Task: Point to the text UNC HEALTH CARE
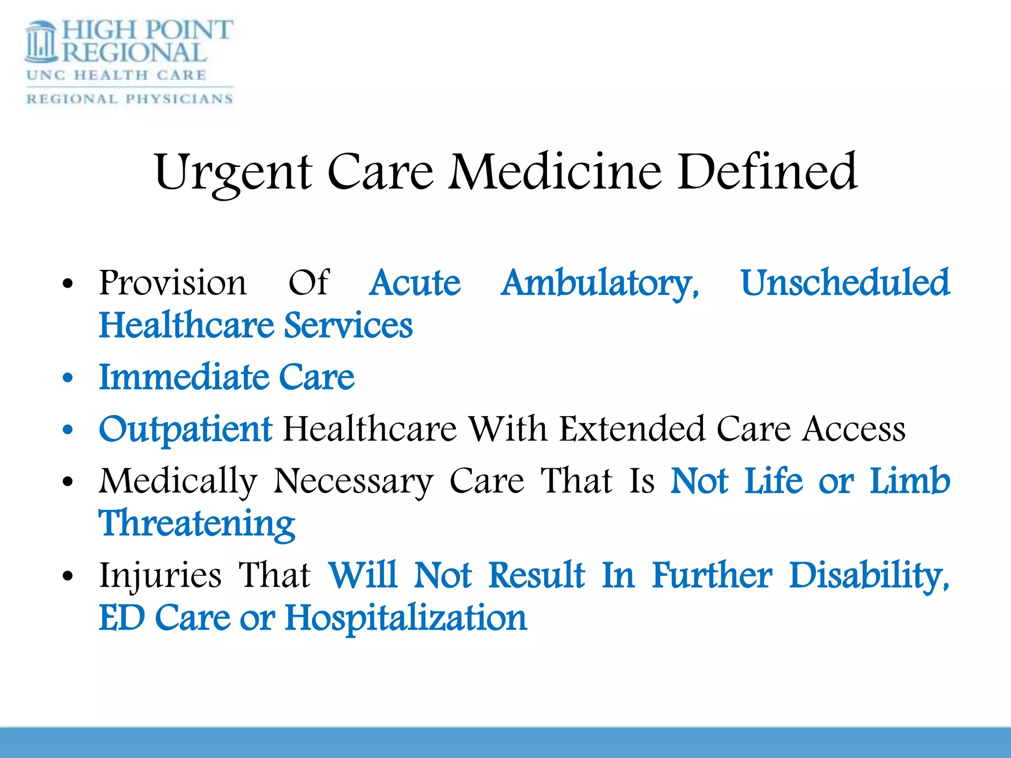[117, 75]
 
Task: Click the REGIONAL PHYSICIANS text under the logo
[129, 99]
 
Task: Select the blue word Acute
[415, 283]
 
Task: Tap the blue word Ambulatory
[599, 284]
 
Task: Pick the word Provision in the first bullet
[172, 283]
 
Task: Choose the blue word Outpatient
[185, 429]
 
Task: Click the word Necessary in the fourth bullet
[353, 482]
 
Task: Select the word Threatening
[197, 524]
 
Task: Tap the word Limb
[909, 481]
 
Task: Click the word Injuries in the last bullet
[160, 575]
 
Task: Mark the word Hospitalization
[406, 618]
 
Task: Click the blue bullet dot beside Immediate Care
[68, 378]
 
